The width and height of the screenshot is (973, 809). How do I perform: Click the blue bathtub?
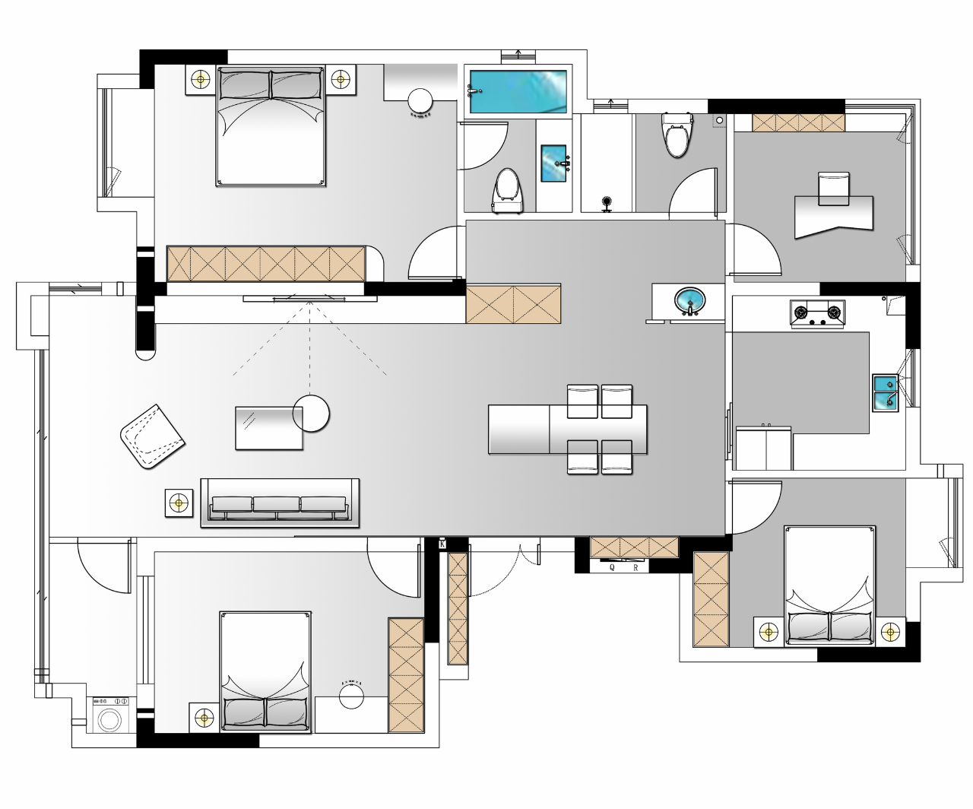[518, 91]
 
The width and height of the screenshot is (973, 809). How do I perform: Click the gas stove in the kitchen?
[817, 313]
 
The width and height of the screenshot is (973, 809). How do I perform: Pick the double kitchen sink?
[886, 393]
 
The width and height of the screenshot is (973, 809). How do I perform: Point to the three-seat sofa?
[280, 503]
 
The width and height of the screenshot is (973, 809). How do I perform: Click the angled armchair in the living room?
[152, 436]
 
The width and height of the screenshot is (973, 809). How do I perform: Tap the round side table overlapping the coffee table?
[311, 414]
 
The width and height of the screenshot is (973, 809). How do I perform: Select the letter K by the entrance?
[442, 544]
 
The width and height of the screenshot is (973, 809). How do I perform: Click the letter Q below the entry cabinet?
[612, 567]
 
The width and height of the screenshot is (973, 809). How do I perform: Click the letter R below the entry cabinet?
[635, 568]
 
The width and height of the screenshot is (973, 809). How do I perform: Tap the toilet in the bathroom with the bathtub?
[507, 191]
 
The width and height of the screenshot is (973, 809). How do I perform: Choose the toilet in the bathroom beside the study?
[677, 135]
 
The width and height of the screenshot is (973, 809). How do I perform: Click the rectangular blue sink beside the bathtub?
[553, 163]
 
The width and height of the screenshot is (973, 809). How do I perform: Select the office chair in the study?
[834, 189]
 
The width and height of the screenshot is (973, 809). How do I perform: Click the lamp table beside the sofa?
[179, 503]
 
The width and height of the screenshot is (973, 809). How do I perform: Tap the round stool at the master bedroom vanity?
[420, 101]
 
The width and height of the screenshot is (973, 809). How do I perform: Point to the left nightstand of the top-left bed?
[201, 80]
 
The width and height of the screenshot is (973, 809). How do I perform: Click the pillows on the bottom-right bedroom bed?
[829, 627]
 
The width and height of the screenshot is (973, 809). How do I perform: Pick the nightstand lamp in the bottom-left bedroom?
[204, 717]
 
